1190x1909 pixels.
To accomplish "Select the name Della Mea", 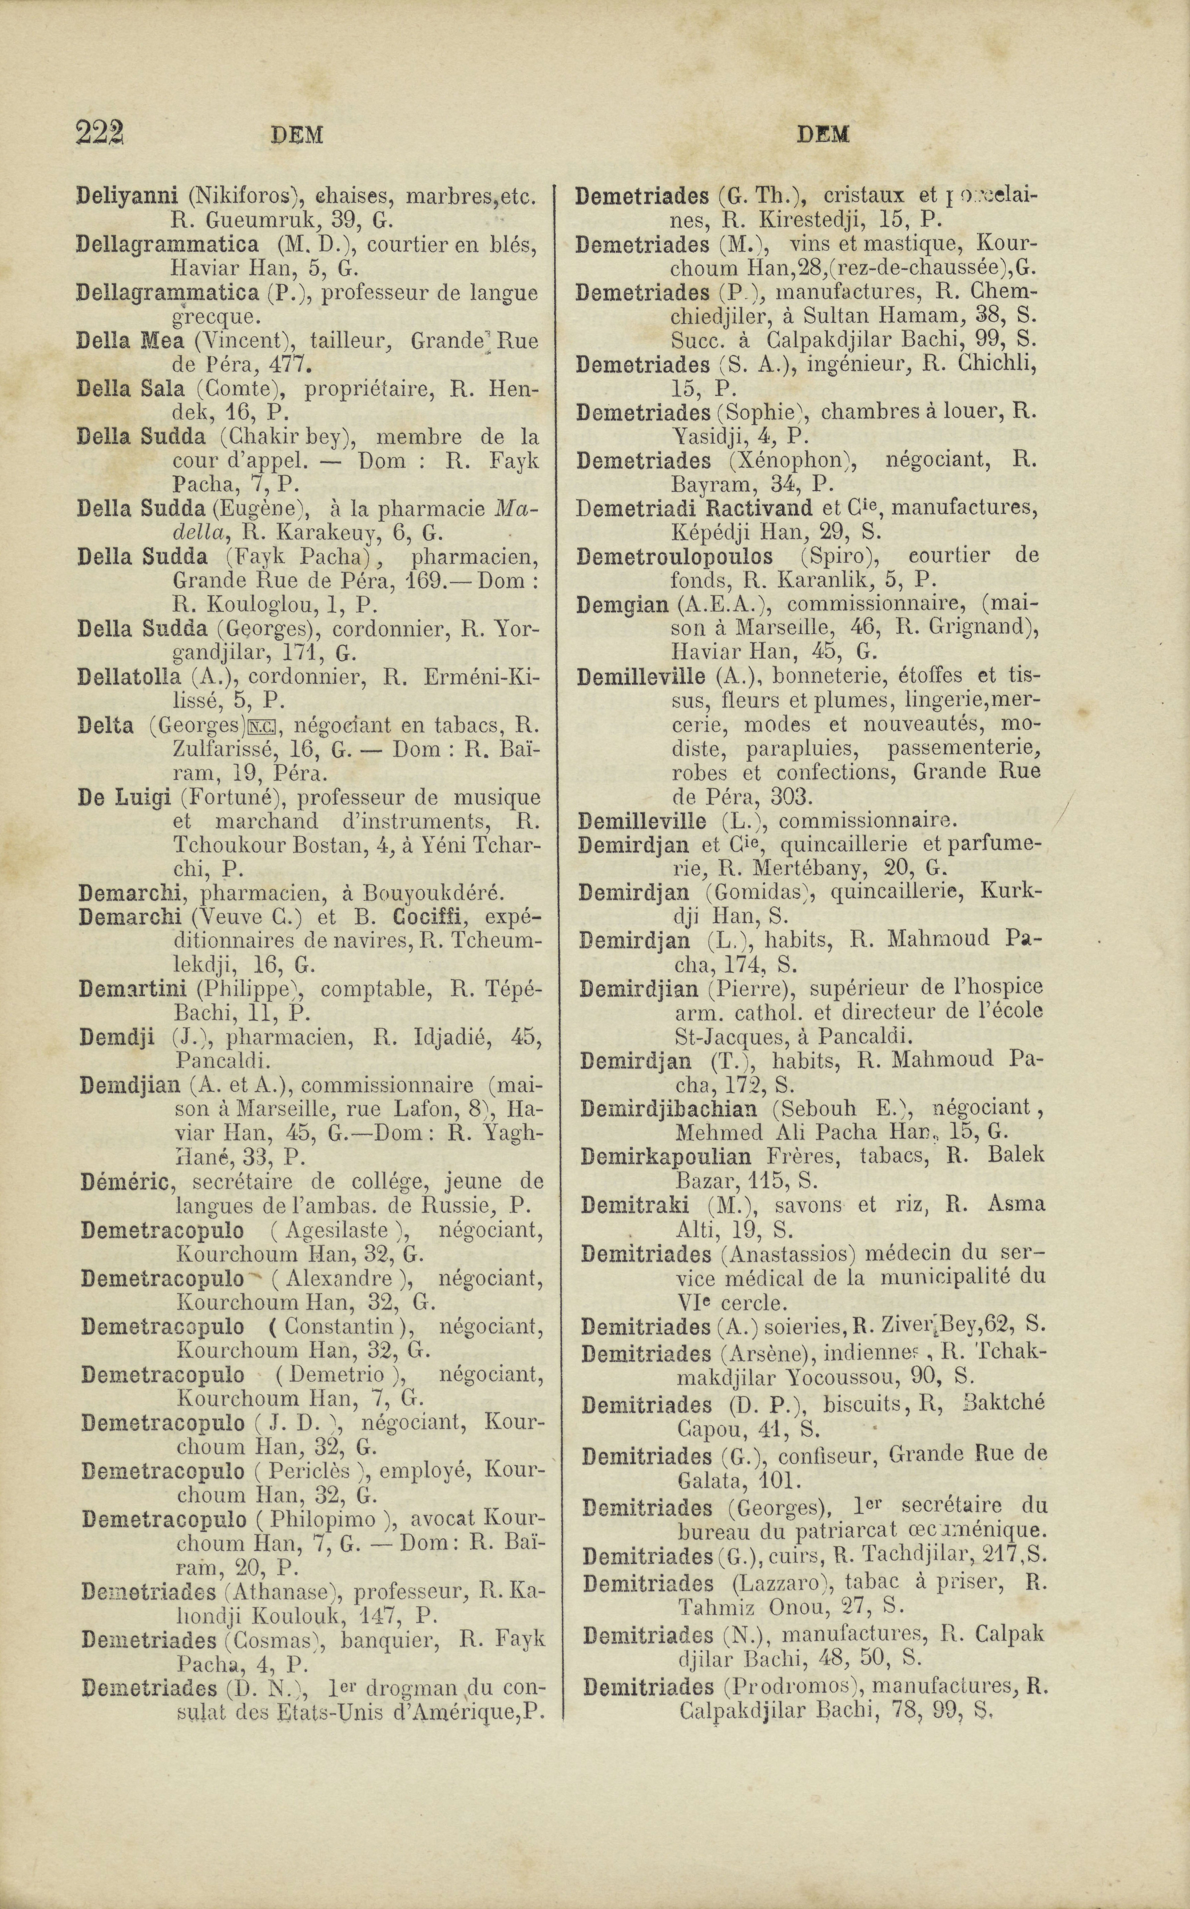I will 130,342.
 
